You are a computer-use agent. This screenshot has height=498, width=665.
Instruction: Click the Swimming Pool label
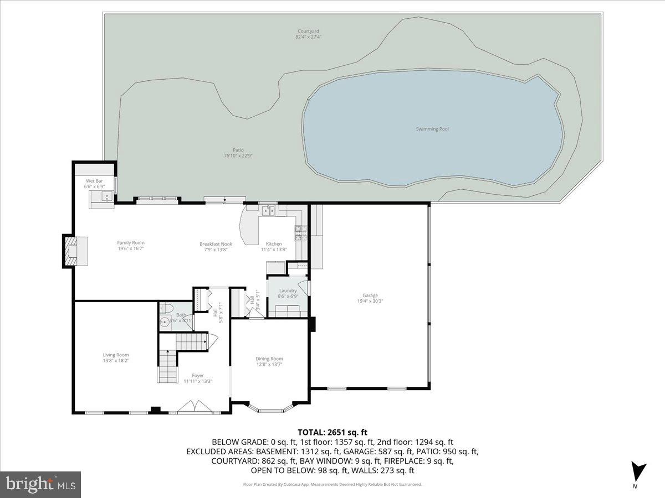tap(432, 129)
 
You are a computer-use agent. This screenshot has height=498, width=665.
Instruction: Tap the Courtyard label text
tap(308, 32)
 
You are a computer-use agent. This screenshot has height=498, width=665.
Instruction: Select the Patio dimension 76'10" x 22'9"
tap(238, 155)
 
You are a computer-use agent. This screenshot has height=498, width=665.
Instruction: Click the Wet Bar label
tap(94, 181)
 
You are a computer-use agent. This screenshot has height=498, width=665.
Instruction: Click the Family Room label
tap(130, 242)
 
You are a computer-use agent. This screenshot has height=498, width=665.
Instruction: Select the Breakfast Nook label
tap(216, 244)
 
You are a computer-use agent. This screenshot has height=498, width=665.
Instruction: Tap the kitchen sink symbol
tap(268, 210)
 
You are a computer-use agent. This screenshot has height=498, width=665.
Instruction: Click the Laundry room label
tap(288, 290)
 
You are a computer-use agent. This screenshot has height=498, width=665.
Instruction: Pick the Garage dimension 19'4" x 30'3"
tap(370, 302)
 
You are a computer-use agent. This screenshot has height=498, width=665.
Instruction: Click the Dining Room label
tap(269, 359)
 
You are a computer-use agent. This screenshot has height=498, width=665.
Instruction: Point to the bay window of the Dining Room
tap(269, 410)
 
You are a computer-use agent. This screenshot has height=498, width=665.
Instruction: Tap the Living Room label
tap(115, 355)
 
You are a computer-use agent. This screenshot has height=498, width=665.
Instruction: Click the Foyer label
tap(198, 375)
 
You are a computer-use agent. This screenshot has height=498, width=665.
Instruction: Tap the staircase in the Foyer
tap(166, 366)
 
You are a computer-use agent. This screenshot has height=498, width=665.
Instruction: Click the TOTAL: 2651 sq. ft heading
tap(332, 432)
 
